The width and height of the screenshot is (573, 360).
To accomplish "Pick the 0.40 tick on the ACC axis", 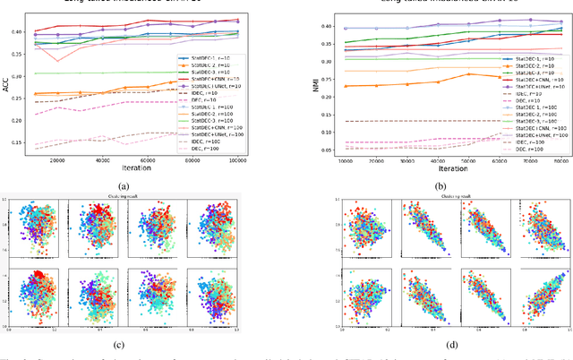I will (x=19, y=32).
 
